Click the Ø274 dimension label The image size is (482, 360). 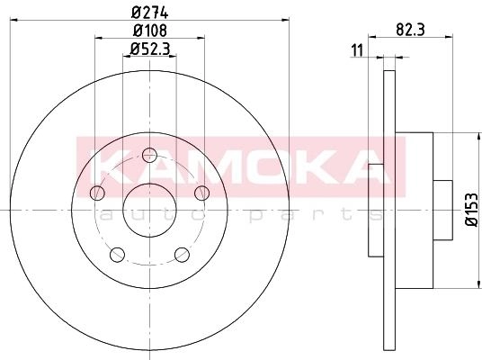tap(149, 13)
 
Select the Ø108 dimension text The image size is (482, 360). tap(150, 31)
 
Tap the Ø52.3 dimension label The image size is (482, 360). tap(150, 49)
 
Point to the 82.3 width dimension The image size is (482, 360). tap(410, 30)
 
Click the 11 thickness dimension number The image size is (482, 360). tap(357, 50)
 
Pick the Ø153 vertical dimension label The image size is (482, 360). tap(472, 211)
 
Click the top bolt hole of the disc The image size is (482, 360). tap(149, 155)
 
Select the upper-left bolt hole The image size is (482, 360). tap(97, 193)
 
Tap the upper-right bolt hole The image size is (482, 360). tap(202, 193)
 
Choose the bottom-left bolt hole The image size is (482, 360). tap(117, 255)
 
